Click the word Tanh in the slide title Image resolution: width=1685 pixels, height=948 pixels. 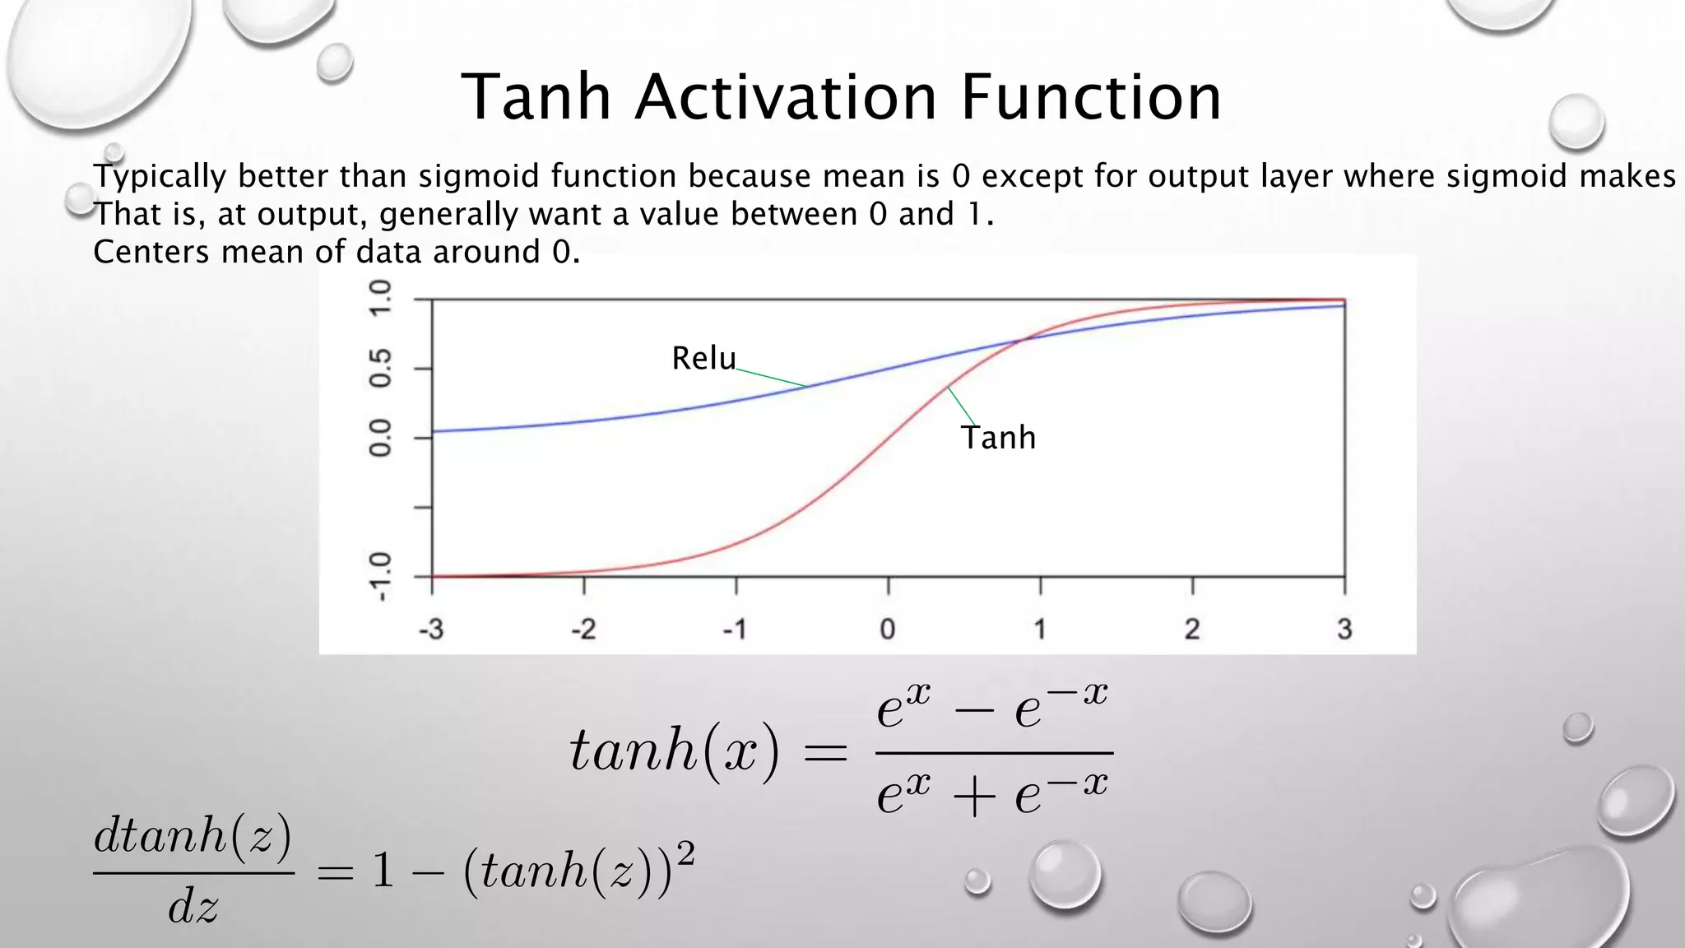(536, 97)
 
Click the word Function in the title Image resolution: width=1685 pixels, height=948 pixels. (1091, 97)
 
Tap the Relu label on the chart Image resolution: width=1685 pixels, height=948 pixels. (703, 358)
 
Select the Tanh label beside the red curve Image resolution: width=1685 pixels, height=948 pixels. (998, 437)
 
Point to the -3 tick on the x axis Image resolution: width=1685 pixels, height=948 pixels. (431, 630)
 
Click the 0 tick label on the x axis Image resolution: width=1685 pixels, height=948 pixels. (887, 630)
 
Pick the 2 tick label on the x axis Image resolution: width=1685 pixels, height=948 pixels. (1191, 630)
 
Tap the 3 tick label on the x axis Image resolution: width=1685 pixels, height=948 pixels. (1344, 630)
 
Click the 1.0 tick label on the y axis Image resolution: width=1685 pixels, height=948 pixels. (380, 299)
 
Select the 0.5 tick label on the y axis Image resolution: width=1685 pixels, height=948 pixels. (380, 368)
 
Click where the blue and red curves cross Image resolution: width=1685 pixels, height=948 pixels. (1021, 338)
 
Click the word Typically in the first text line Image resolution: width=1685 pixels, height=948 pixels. (160, 176)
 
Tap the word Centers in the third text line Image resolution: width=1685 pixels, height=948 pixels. (151, 252)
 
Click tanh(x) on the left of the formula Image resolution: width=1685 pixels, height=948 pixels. (674, 750)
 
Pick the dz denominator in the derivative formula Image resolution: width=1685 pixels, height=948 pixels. (193, 907)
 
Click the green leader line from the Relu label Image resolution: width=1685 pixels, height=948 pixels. (772, 379)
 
